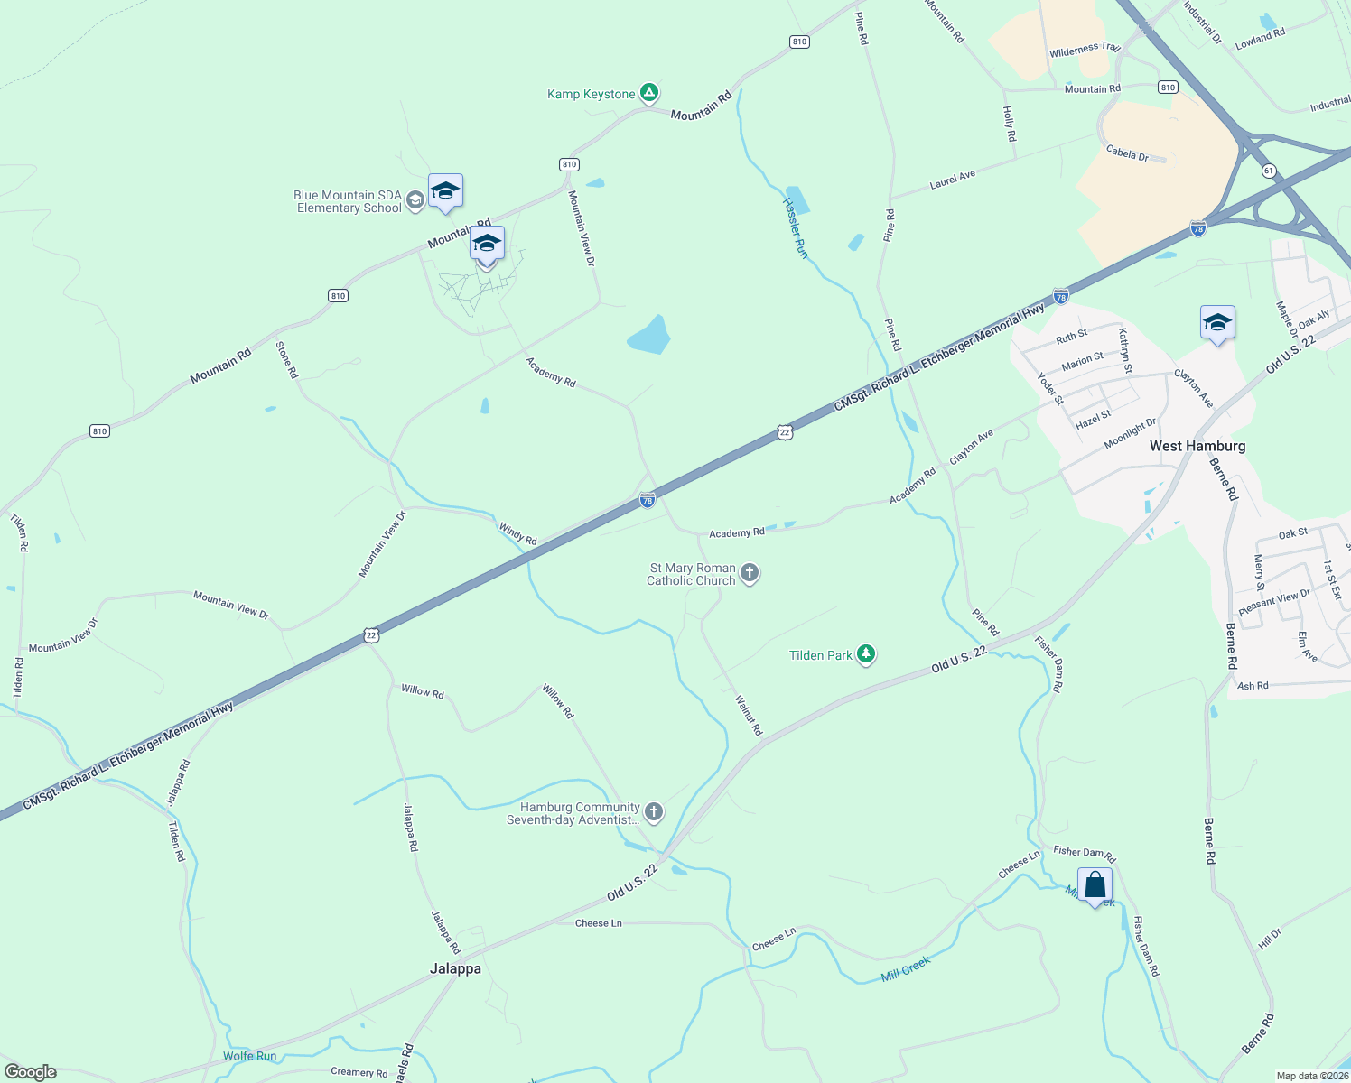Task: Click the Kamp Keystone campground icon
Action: (x=648, y=92)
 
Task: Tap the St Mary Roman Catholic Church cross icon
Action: (x=750, y=573)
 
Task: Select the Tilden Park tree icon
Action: (x=866, y=654)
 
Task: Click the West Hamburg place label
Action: (x=1197, y=446)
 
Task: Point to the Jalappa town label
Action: (x=455, y=968)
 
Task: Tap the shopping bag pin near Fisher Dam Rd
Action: (x=1095, y=885)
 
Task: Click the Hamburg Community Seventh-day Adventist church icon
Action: (x=654, y=812)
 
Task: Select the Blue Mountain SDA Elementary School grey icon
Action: (x=415, y=200)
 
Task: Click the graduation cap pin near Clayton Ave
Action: (x=1217, y=323)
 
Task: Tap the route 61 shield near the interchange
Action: (x=1269, y=171)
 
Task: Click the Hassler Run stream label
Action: (x=796, y=227)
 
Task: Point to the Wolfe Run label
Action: (x=250, y=1056)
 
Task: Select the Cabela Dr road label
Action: (x=1127, y=153)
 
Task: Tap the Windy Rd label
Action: (x=518, y=533)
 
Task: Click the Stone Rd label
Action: (x=286, y=359)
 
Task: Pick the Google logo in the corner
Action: (x=30, y=1072)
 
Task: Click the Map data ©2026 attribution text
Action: (x=1311, y=1076)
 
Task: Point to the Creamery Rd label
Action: (x=359, y=1072)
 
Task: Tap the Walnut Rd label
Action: (x=749, y=715)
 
